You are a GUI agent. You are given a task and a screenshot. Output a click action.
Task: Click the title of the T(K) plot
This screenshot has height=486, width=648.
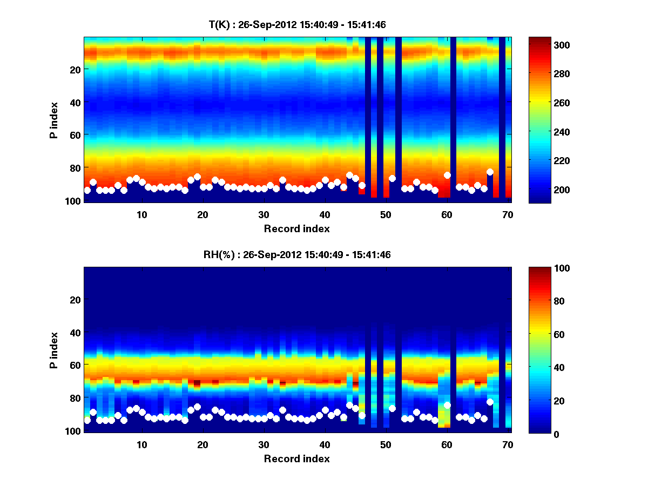point(297,24)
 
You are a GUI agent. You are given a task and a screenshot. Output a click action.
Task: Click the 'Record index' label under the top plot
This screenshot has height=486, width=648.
point(296,228)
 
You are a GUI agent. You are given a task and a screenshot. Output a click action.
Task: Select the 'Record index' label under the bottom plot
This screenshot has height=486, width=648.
point(296,458)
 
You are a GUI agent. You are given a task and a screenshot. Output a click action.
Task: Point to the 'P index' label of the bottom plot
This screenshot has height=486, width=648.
point(54,350)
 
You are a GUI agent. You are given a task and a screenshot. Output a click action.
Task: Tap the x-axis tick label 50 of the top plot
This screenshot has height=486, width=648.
point(386,214)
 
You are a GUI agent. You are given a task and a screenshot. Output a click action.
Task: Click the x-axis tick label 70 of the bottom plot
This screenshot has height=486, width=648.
point(508,444)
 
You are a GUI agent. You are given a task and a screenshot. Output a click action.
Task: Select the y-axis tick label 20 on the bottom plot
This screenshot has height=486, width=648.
point(75,300)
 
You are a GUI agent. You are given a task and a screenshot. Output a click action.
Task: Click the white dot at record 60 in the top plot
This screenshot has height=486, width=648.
point(447,175)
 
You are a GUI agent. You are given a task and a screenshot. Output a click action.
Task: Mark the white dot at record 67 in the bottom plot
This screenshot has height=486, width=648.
point(490,402)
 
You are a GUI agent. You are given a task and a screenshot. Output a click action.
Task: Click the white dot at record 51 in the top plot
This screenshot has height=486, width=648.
point(392,178)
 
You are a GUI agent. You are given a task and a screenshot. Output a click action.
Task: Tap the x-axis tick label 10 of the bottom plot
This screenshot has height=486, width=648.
point(141,444)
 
